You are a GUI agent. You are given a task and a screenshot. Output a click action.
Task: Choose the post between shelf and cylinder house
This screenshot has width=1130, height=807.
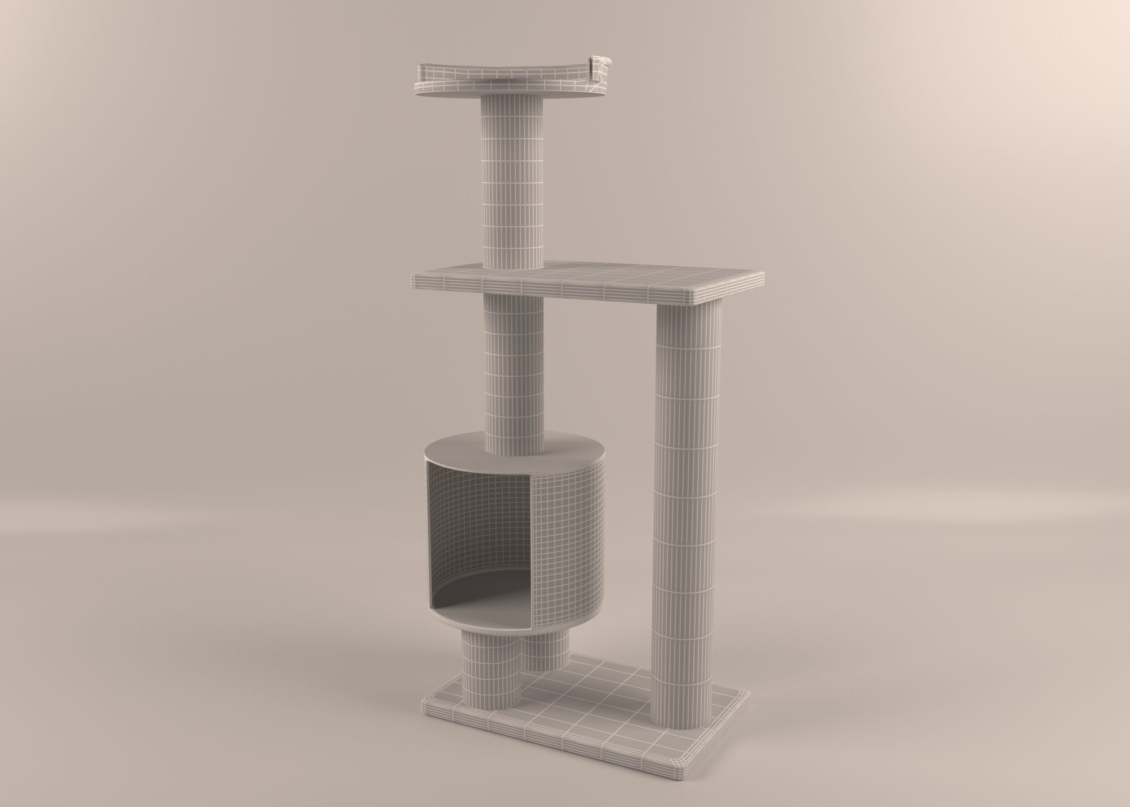[x=515, y=368]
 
